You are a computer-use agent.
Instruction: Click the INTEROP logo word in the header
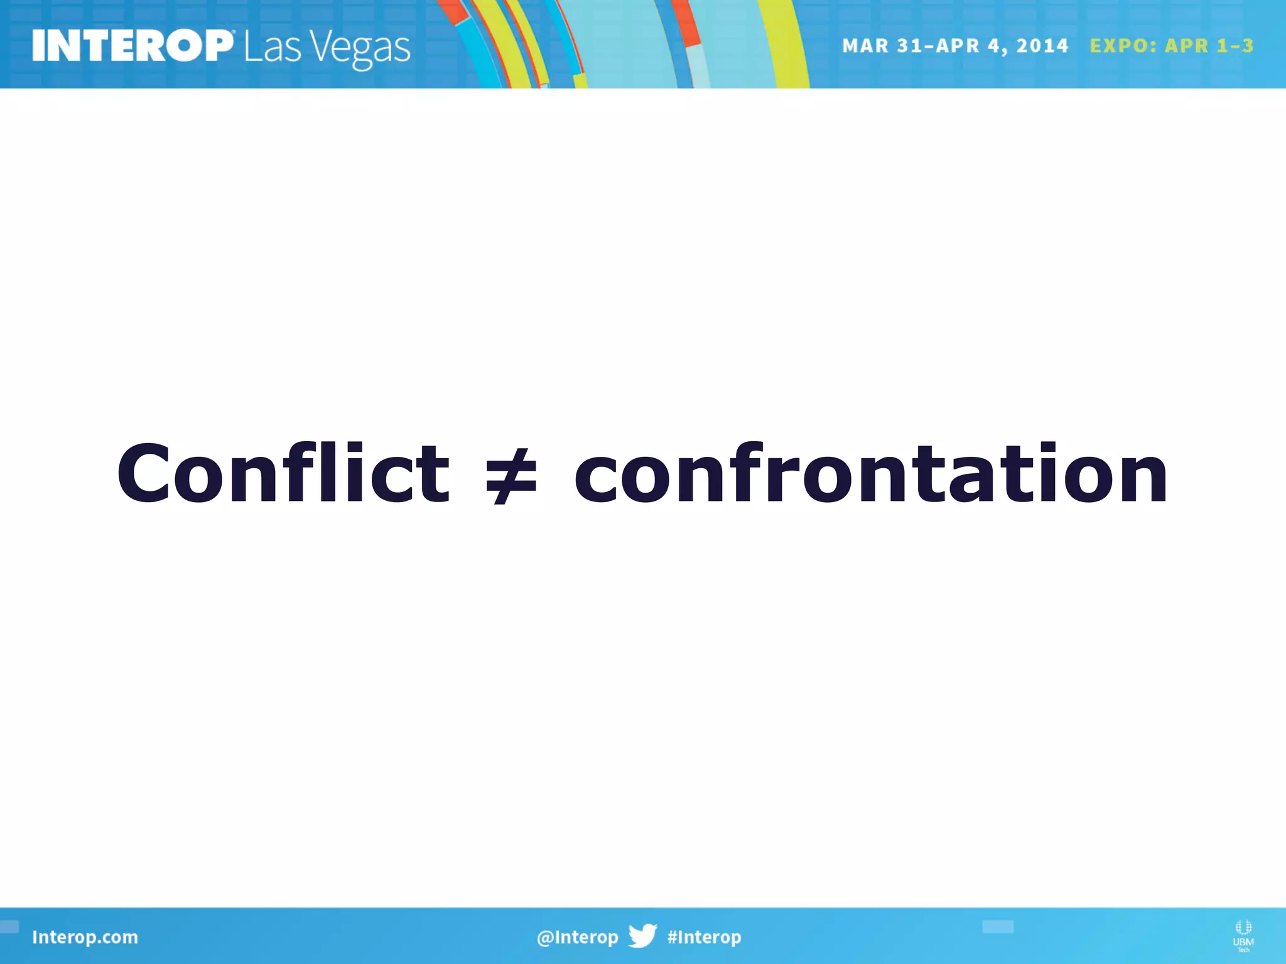pyautogui.click(x=132, y=46)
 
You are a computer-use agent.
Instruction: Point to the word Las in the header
pyautogui.click(x=272, y=48)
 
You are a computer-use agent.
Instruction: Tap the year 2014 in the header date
pyautogui.click(x=1042, y=46)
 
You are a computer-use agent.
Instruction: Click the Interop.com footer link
pyautogui.click(x=85, y=937)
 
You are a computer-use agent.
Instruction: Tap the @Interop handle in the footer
pyautogui.click(x=577, y=937)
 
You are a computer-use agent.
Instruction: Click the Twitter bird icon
pyautogui.click(x=642, y=935)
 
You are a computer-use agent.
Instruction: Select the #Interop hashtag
pyautogui.click(x=704, y=937)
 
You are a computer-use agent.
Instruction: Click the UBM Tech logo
pyautogui.click(x=1243, y=936)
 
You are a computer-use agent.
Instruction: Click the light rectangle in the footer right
pyautogui.click(x=998, y=926)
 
